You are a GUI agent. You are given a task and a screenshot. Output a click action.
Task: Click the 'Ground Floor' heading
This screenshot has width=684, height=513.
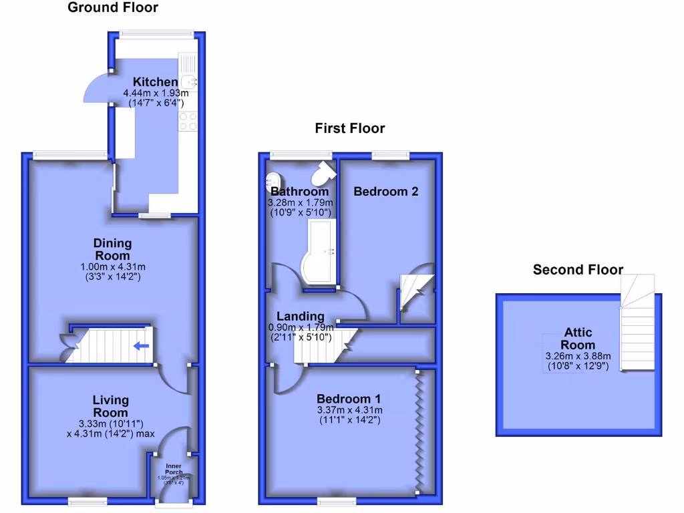coord(113,8)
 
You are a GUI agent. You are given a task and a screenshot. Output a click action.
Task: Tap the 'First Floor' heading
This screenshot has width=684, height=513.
coord(350,128)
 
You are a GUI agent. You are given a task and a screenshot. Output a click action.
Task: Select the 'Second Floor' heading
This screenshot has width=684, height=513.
coord(578,270)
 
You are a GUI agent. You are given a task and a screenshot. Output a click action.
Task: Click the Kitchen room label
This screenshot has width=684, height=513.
coord(155,82)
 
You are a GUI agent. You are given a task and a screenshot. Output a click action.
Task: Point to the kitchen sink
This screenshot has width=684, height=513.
coord(187,81)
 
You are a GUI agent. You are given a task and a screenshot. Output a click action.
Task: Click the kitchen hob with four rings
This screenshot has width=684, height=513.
coord(188,121)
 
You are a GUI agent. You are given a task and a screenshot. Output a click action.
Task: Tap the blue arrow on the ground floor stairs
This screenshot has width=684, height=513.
coord(141,346)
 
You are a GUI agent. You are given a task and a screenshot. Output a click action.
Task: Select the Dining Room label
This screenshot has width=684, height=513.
coord(112,249)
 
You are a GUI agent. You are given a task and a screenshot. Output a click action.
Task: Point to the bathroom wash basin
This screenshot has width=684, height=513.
coord(273,179)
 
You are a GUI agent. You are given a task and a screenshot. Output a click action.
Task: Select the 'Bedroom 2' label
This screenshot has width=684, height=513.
coord(386,192)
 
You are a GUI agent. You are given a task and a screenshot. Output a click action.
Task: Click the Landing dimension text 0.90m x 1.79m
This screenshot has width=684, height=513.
coord(301,327)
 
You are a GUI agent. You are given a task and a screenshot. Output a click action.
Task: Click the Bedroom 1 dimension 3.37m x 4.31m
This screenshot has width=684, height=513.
coord(350,410)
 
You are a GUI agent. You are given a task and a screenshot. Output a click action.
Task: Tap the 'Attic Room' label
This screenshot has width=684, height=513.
coord(578,339)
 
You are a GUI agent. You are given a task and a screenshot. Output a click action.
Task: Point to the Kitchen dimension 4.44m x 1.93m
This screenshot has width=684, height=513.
coord(155,93)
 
